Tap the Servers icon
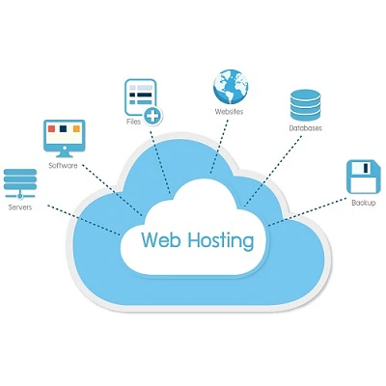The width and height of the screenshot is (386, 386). click(x=20, y=182)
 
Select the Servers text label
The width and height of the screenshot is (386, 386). click(x=20, y=207)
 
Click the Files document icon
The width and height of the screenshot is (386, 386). click(x=139, y=97)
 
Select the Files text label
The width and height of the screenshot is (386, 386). click(x=133, y=124)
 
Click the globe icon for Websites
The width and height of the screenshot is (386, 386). click(x=229, y=86)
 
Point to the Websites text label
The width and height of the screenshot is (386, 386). click(x=229, y=113)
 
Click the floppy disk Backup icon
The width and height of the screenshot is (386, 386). click(x=362, y=178)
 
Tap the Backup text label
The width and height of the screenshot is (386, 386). click(x=363, y=203)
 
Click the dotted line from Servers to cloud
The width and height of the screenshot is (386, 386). click(x=82, y=214)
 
